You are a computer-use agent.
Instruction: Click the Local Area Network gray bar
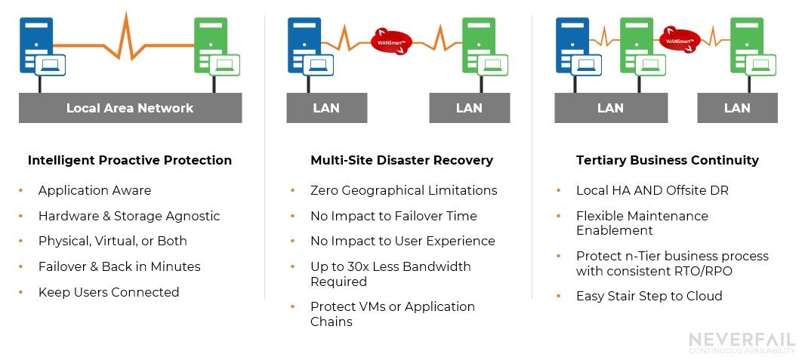pos(130,108)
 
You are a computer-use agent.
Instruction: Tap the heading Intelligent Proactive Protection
pos(130,160)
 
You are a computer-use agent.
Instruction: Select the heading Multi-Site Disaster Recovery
pos(402,160)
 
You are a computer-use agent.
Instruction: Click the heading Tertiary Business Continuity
pos(668,160)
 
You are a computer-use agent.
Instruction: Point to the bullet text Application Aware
pos(94,190)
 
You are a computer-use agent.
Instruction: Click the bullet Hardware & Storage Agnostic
pos(129,216)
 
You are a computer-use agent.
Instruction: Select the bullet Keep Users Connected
pos(109,292)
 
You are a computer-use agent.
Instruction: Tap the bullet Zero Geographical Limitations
pos(403,190)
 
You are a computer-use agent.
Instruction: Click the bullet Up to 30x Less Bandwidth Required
pos(390,274)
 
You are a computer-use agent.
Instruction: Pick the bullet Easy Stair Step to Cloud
pos(649,296)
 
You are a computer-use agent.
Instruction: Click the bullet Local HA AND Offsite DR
pos(652,190)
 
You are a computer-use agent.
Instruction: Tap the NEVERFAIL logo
pos(742,343)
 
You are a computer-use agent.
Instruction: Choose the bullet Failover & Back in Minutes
pos(119,266)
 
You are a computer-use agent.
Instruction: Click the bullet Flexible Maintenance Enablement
pos(642,223)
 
